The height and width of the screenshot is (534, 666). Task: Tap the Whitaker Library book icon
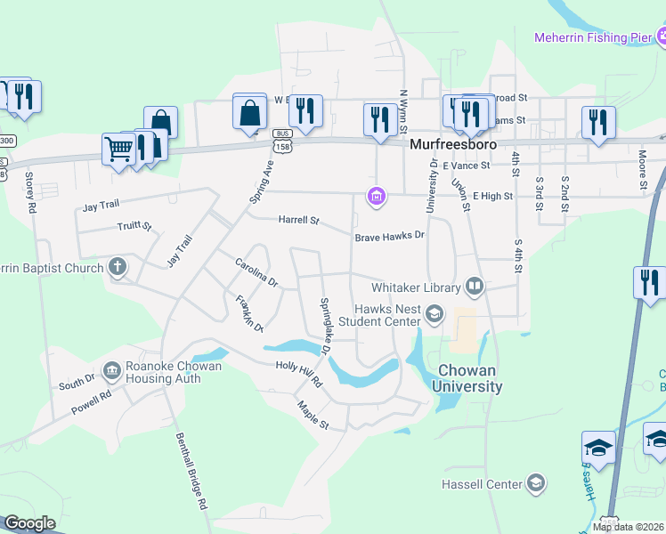[475, 287]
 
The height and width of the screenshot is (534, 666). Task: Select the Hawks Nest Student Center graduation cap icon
[435, 313]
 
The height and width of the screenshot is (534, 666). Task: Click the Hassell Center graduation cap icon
[536, 483]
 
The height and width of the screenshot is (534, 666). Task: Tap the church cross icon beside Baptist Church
[117, 267]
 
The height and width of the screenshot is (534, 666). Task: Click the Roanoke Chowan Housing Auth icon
[112, 369]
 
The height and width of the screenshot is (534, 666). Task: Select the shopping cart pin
[118, 150]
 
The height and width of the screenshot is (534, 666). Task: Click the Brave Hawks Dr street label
[390, 238]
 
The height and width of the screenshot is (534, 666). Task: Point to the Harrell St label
[300, 219]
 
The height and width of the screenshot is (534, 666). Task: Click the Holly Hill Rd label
[298, 375]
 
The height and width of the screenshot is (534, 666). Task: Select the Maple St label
[313, 415]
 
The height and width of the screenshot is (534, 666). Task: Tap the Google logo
[29, 523]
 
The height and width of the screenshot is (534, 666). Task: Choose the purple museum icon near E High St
[377, 197]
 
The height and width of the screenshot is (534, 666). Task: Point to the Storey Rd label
[31, 192]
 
